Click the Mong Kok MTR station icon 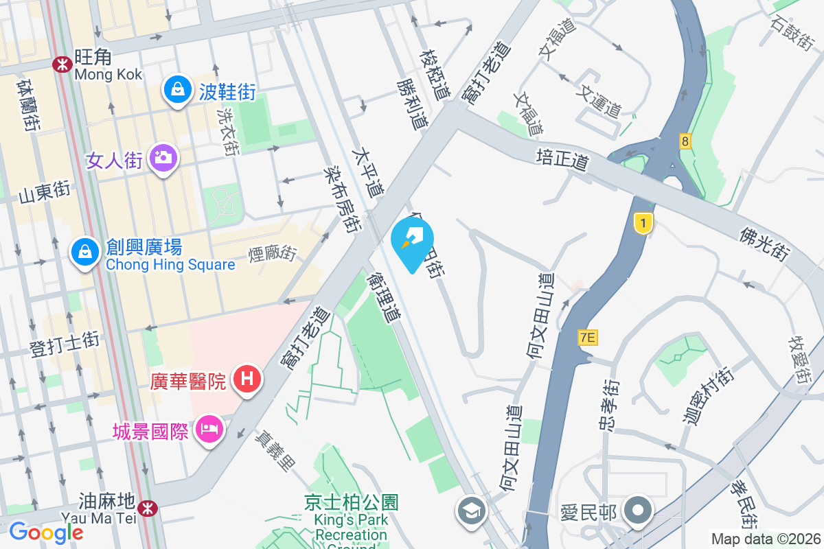tap(61, 64)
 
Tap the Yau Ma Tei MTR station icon tap(146, 508)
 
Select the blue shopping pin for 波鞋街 tap(178, 90)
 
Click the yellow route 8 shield tap(685, 141)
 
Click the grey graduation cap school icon tap(472, 511)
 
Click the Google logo tap(46, 532)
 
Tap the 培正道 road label tap(562, 162)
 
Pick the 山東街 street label tap(44, 194)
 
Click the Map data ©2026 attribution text tap(766, 539)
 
